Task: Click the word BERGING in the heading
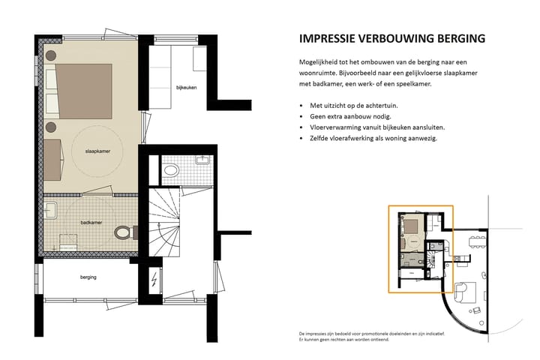click(x=461, y=38)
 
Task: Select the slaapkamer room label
click(x=97, y=151)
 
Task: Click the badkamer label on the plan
click(x=91, y=223)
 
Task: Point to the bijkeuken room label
click(x=186, y=88)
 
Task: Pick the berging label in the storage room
click(x=88, y=277)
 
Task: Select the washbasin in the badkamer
click(x=51, y=210)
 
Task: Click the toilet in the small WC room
click(x=171, y=169)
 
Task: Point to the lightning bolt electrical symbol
click(x=154, y=280)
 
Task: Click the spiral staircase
click(x=164, y=222)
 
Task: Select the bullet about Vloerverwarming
click(x=377, y=127)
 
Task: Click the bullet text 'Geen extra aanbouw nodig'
click(x=350, y=116)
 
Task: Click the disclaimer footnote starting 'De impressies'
click(x=372, y=337)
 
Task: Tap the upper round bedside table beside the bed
click(x=51, y=55)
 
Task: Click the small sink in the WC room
click(x=203, y=160)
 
